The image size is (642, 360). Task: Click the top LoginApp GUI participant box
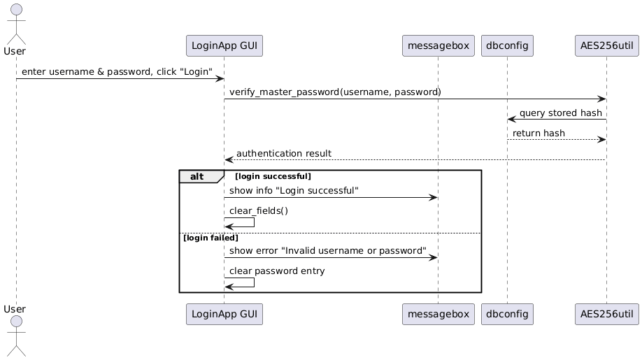(x=224, y=45)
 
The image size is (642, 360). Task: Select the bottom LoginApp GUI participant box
(x=224, y=315)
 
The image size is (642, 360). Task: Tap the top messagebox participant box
(x=438, y=45)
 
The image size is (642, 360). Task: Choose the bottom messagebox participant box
(x=438, y=315)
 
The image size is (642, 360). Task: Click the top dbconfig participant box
(x=508, y=45)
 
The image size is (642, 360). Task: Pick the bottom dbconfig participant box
(x=508, y=315)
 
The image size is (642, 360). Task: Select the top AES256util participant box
(x=606, y=45)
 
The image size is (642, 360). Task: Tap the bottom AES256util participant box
(x=606, y=315)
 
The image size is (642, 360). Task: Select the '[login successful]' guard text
(x=273, y=177)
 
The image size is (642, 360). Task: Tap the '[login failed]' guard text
(x=211, y=238)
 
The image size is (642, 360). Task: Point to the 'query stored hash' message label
(x=560, y=113)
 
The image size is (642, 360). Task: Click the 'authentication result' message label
(x=283, y=153)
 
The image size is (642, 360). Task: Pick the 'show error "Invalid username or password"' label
(x=327, y=250)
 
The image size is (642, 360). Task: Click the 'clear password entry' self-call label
(x=276, y=271)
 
